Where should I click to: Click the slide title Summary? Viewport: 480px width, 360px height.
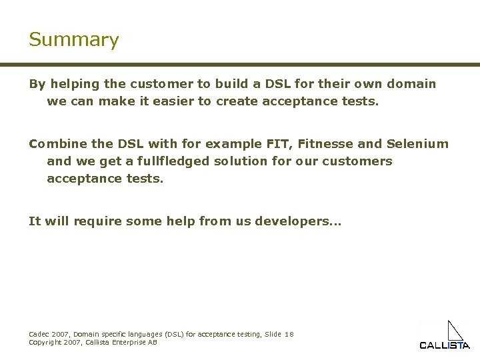click(73, 40)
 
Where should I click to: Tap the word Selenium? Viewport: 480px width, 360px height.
click(417, 144)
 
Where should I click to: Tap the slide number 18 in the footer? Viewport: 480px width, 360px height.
click(289, 334)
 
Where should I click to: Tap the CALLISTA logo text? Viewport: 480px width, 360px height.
click(444, 345)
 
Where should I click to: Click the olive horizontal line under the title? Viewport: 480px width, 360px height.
click(240, 65)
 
